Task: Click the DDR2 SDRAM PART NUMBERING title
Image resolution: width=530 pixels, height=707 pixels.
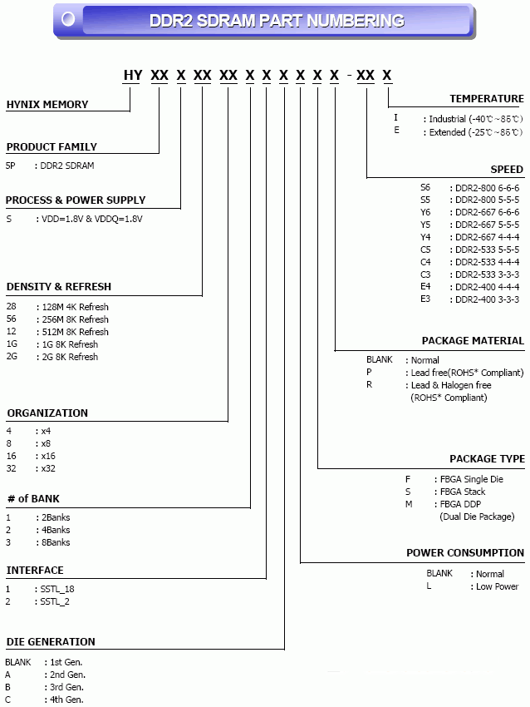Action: (x=277, y=21)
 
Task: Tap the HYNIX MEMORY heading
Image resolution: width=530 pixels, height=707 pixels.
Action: (x=47, y=105)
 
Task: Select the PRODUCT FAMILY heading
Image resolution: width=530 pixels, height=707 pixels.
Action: (x=52, y=146)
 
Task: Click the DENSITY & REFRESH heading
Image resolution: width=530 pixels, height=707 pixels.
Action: (x=58, y=286)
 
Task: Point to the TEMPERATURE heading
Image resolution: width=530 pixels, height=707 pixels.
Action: (x=487, y=98)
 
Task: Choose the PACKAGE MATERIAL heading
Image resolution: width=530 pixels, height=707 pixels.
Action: (x=473, y=340)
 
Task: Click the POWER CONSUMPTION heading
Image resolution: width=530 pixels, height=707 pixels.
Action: (x=465, y=552)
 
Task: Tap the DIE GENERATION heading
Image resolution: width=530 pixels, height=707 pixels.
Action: (x=51, y=641)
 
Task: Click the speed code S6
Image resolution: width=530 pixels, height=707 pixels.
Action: (x=425, y=187)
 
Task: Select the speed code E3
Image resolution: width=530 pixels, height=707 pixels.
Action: (x=425, y=299)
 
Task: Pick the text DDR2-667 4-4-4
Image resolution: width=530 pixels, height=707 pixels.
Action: (x=487, y=237)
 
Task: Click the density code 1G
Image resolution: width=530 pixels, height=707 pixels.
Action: (x=12, y=344)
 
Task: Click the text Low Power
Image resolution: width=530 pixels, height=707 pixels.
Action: (x=497, y=586)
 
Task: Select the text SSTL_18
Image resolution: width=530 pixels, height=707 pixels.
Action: (x=57, y=589)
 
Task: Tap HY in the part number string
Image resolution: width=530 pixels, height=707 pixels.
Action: (x=133, y=76)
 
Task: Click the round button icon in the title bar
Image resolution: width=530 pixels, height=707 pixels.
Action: (x=68, y=18)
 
